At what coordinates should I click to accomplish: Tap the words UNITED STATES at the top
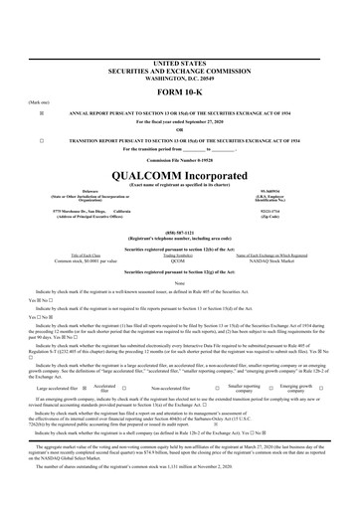click(180, 34)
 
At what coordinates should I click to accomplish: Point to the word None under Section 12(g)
click(180, 283)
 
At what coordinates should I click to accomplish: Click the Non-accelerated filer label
click(175, 389)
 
